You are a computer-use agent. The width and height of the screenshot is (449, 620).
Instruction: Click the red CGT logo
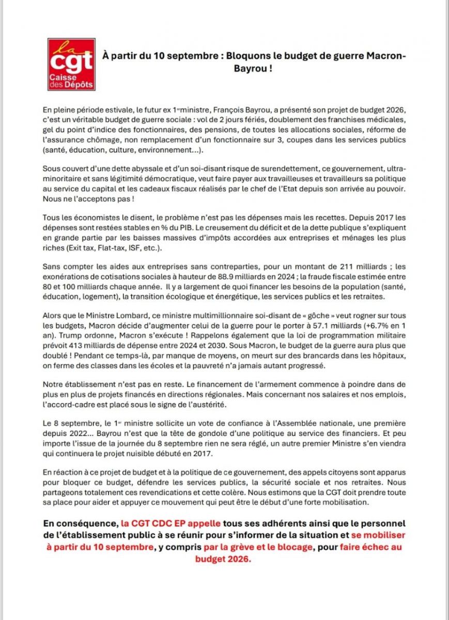click(71, 64)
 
